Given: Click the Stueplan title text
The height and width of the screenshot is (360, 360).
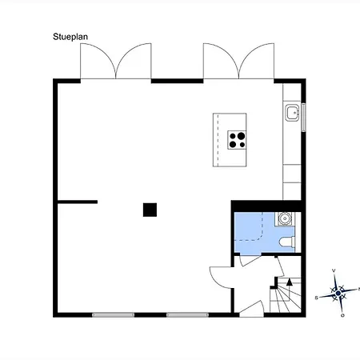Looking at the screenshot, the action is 70,37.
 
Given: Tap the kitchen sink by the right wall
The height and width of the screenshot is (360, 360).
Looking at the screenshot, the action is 292,113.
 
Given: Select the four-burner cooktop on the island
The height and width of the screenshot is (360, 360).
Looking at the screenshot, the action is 237,140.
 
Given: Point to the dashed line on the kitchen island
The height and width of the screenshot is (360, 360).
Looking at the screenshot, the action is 218,140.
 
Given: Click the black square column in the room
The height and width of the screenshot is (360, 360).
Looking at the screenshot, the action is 150,210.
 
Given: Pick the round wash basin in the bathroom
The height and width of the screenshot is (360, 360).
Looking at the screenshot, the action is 285,218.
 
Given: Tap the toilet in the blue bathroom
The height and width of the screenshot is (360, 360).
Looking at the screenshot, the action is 287,242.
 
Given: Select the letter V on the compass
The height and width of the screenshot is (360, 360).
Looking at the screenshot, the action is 334,270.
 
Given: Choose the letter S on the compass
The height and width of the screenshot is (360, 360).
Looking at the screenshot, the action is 317,298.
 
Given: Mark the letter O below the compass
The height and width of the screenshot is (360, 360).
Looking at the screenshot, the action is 342,315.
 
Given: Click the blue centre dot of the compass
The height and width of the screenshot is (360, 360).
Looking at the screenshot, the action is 338,293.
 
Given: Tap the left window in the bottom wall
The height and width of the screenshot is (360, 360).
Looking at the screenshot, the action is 113,315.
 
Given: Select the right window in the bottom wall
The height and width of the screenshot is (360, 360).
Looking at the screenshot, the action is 187,315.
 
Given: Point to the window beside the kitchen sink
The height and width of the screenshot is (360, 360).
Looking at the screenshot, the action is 303,118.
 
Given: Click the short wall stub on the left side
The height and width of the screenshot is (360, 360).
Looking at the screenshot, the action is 78,202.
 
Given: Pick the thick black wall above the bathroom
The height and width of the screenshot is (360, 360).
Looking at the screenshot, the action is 266,206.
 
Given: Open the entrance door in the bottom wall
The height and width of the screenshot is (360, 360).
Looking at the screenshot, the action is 252,310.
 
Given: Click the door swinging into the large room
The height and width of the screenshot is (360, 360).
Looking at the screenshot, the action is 222,278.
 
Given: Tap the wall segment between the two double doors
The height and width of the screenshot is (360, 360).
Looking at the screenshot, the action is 177,81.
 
